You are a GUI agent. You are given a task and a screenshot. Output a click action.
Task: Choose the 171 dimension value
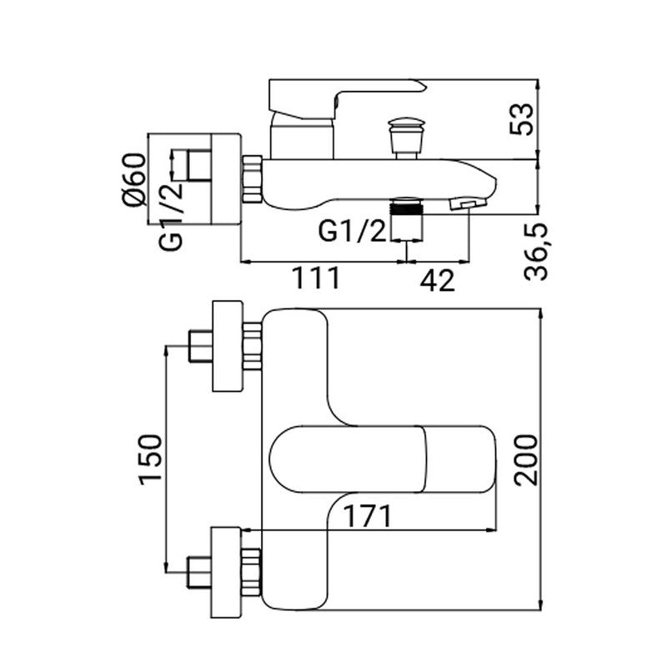(x=364, y=517)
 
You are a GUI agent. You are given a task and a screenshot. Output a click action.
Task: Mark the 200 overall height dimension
(x=524, y=460)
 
